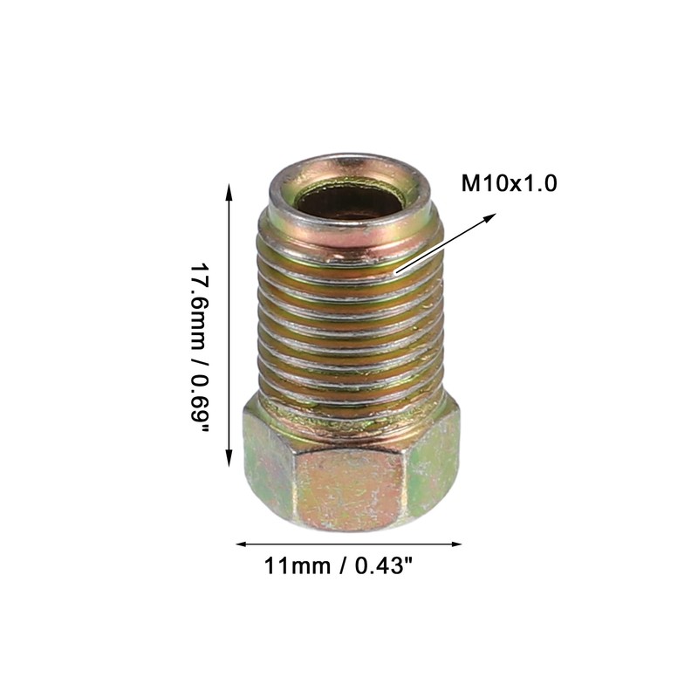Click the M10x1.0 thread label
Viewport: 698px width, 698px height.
509,183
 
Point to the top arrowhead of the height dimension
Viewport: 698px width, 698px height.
229,192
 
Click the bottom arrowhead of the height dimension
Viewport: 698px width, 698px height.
229,458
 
